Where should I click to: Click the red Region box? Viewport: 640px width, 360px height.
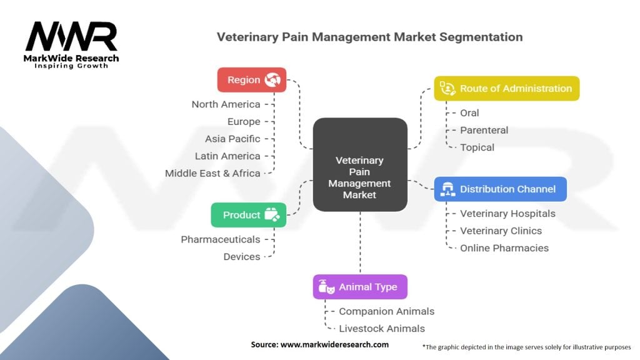pyautogui.click(x=251, y=80)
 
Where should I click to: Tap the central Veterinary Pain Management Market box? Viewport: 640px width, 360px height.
pyautogui.click(x=360, y=164)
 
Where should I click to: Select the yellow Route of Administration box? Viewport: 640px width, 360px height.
pyautogui.click(x=507, y=89)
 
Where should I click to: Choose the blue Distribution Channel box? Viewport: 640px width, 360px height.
pyautogui.click(x=501, y=189)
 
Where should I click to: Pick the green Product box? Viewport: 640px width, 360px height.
pyautogui.click(x=249, y=215)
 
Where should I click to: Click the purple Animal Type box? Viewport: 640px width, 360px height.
pyautogui.click(x=360, y=287)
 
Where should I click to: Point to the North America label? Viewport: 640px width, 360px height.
pyautogui.click(x=226, y=104)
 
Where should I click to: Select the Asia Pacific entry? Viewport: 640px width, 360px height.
pyautogui.click(x=232, y=139)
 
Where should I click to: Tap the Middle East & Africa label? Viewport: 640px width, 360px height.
pyautogui.click(x=212, y=173)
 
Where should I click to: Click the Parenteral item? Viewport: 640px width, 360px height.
pyautogui.click(x=484, y=130)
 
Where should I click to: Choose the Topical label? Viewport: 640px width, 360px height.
pyautogui.click(x=477, y=147)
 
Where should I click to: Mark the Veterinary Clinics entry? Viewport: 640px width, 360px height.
pyautogui.click(x=501, y=231)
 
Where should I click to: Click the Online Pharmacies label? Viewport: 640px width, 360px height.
pyautogui.click(x=504, y=248)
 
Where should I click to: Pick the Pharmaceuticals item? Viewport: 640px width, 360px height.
pyautogui.click(x=220, y=239)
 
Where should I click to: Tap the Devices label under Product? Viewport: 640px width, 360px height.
pyautogui.click(x=241, y=256)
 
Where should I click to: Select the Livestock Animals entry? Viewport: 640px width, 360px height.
pyautogui.click(x=381, y=329)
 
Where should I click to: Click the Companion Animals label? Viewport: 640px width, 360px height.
pyautogui.click(x=386, y=311)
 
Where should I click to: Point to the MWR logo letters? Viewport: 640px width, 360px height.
pyautogui.click(x=72, y=37)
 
